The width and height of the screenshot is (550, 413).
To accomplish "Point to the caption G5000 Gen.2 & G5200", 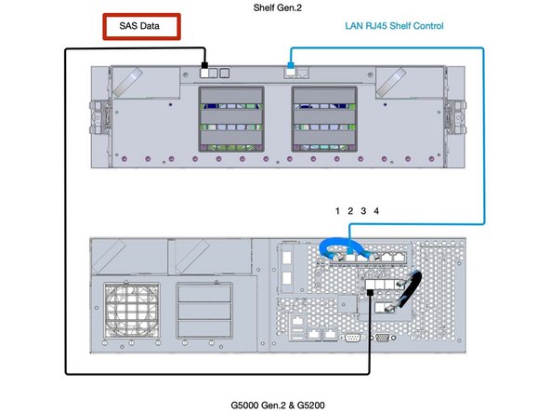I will pos(277,405).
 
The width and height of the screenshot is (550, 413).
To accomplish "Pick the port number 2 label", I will pos(350,211).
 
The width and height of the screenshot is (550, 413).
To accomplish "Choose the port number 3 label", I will pos(363,211).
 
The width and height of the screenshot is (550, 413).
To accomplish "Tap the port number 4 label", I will pos(376,211).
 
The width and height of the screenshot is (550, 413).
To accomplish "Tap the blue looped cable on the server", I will pos(338,248).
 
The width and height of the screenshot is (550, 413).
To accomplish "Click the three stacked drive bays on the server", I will pos(200,306).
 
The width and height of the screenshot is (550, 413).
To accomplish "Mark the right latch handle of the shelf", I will pos(454,113).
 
